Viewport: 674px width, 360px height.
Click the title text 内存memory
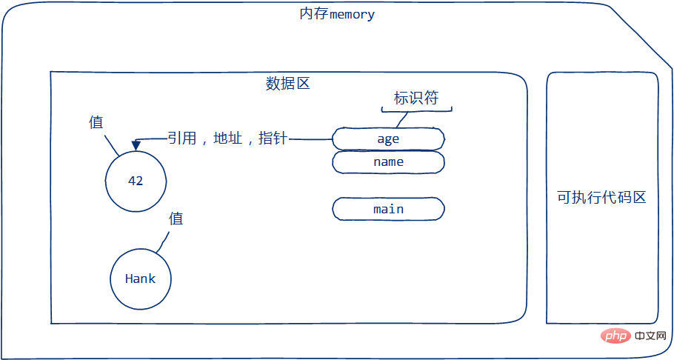pyautogui.click(x=337, y=14)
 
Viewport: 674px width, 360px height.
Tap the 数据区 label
pyautogui.click(x=287, y=83)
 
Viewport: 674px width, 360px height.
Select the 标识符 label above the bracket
pyautogui.click(x=416, y=99)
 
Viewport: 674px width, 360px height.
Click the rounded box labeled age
pyautogui.click(x=388, y=139)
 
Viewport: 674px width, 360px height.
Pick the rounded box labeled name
pyautogui.click(x=388, y=161)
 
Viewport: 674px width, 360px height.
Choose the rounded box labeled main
pyautogui.click(x=388, y=209)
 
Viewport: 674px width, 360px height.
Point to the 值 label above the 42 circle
pyautogui.click(x=96, y=122)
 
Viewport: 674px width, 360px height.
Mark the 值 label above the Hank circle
pyautogui.click(x=176, y=219)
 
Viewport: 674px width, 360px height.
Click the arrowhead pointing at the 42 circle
pyautogui.click(x=135, y=145)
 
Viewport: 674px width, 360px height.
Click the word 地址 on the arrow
pyautogui.click(x=227, y=139)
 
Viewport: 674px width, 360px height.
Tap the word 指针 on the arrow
pyautogui.click(x=273, y=139)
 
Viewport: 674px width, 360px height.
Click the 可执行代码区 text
pyautogui.click(x=602, y=198)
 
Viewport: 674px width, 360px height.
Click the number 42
pyautogui.click(x=136, y=181)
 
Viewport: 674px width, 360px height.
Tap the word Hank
pyautogui.click(x=140, y=279)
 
